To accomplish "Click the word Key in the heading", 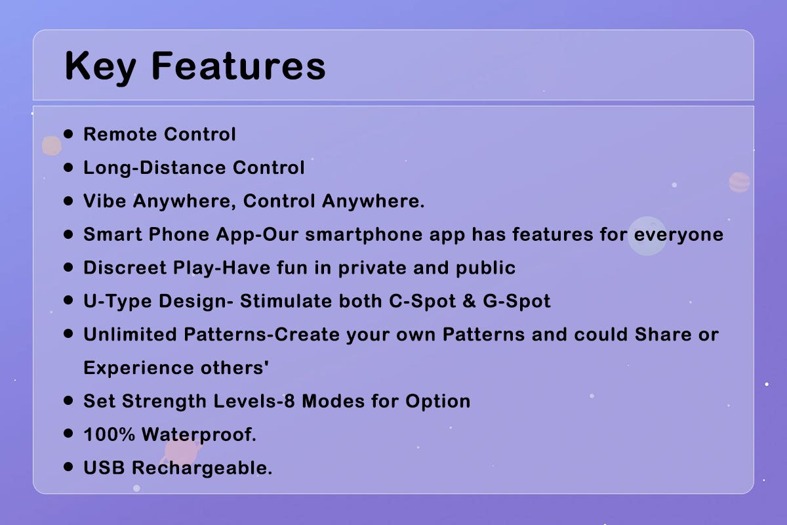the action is (100, 67).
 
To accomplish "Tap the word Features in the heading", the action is (239, 66).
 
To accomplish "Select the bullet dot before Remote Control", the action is (68, 134).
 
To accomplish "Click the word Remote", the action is (120, 135).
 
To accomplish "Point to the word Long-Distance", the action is (155, 168).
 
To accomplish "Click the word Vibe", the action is (105, 201).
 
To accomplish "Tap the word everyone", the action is (678, 235).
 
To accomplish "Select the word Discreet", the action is (125, 268).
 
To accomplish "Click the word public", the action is (485, 268).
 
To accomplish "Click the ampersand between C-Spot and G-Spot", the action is (469, 301).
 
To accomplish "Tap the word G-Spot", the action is (517, 302).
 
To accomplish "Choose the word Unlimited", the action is (130, 335).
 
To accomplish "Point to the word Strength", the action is (164, 401).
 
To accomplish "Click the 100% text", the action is (110, 434).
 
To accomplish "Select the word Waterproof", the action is (199, 435).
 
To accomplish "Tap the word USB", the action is (104, 468).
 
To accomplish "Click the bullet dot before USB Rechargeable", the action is (68, 467).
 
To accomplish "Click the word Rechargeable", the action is (202, 469).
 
